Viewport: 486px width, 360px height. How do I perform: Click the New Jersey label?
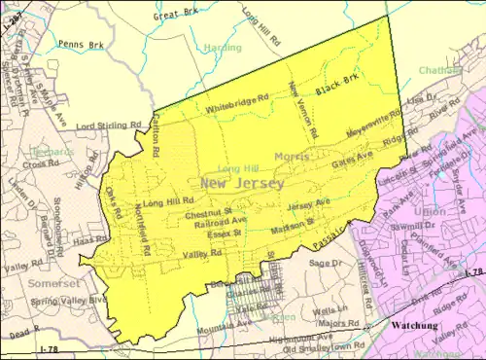coord(242,183)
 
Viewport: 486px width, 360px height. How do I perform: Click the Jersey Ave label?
coord(308,203)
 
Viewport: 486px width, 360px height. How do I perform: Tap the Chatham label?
coord(437,70)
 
